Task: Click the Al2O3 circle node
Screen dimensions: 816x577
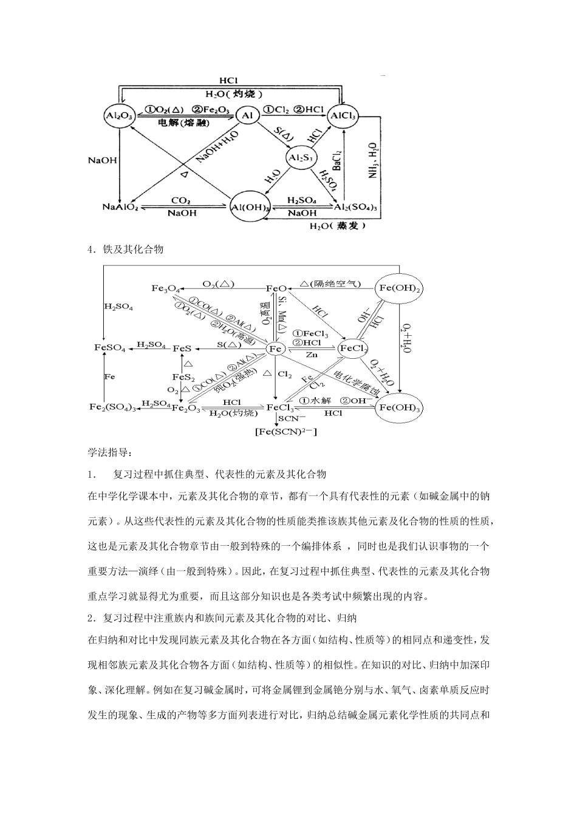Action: point(119,114)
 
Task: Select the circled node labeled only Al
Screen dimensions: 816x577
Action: point(247,114)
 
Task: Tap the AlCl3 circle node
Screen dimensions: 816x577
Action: point(343,114)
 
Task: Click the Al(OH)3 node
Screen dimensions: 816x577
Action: point(251,207)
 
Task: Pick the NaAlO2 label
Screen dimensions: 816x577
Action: point(120,207)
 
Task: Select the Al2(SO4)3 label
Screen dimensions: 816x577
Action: point(356,207)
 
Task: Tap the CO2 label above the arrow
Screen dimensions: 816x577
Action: point(181,200)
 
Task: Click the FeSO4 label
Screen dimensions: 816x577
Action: point(109,348)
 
